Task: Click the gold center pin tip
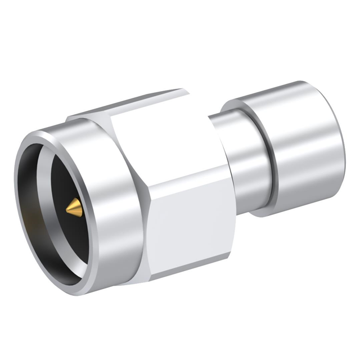(x=74, y=209)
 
